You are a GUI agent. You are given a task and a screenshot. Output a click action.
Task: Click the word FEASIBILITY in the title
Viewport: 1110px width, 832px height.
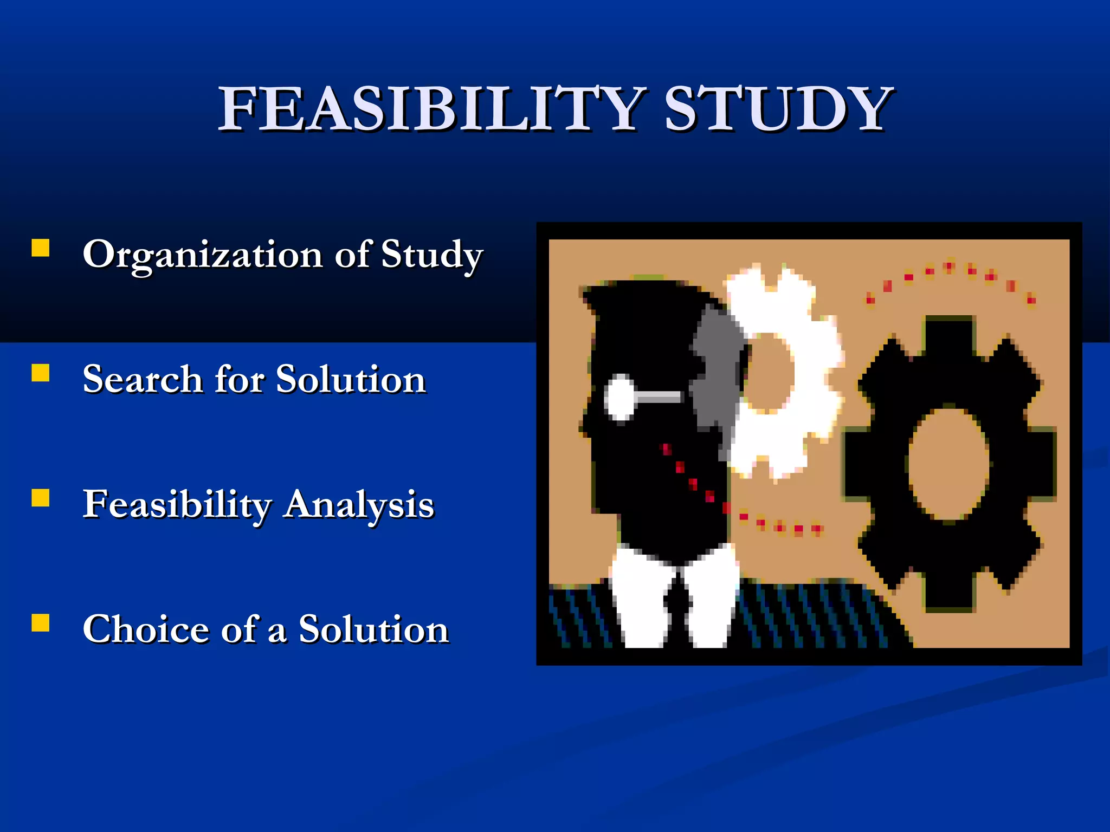click(431, 109)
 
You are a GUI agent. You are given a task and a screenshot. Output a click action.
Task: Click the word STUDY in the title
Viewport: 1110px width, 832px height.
click(778, 109)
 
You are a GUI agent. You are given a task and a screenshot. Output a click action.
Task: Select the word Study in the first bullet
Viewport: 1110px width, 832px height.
click(431, 255)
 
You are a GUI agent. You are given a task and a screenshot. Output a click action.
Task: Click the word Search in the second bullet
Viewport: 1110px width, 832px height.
click(143, 379)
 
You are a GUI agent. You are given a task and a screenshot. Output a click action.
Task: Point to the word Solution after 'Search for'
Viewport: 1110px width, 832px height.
click(351, 379)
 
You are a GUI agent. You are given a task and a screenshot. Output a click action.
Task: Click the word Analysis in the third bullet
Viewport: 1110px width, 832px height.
click(359, 504)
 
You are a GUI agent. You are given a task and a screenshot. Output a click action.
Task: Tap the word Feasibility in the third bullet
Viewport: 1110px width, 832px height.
click(177, 504)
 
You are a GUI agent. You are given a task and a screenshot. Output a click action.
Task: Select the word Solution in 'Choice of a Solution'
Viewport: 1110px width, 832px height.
click(373, 629)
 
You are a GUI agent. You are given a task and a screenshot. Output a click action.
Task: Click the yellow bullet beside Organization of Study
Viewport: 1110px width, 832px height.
click(41, 248)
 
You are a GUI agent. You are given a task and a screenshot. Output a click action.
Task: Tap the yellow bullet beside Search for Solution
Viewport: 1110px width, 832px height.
click(41, 373)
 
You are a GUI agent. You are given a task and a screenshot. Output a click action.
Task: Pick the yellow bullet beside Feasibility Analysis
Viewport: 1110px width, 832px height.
click(41, 498)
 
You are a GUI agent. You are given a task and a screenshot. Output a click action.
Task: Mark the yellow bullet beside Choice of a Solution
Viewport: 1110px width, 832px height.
click(41, 623)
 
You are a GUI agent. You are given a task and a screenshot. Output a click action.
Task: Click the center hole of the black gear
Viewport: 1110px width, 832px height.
click(948, 464)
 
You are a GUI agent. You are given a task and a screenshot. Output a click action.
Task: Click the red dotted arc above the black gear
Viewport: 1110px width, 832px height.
click(948, 268)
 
